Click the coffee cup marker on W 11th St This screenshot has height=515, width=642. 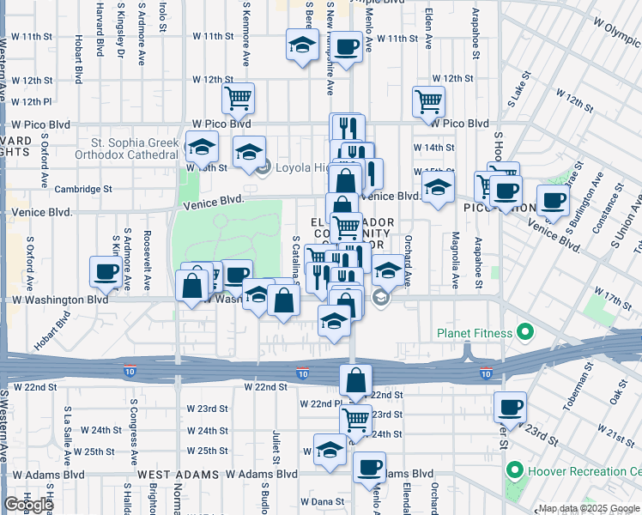point(347,48)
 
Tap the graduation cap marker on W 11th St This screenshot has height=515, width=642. point(301,48)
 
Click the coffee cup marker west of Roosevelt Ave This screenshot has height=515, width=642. point(106,272)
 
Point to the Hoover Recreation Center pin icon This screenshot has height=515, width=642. point(515,471)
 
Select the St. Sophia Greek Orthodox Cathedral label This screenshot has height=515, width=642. point(136,148)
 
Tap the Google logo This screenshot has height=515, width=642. point(28,505)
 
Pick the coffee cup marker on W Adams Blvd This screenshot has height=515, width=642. point(370,468)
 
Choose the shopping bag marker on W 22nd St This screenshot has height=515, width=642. point(354,379)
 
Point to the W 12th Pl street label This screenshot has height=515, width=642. point(27,102)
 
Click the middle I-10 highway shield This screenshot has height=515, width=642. point(302,373)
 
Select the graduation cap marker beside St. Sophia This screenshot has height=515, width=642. point(201,147)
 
